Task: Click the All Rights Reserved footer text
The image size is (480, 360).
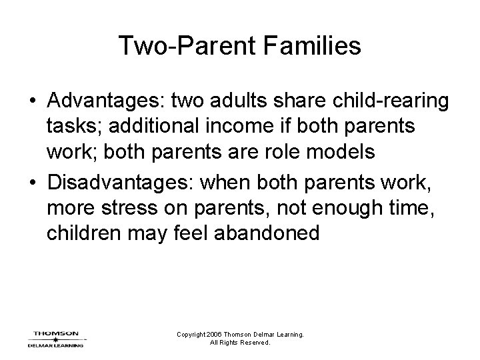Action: coord(239,343)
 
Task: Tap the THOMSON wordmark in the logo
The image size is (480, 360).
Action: coord(56,333)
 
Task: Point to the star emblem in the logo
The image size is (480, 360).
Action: coord(56,339)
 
